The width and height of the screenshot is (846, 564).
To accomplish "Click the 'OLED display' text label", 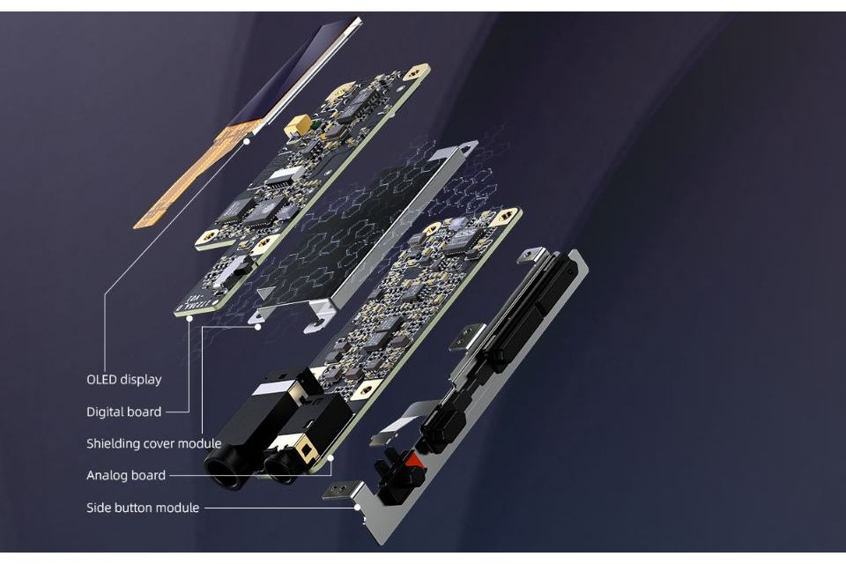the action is coord(124,380).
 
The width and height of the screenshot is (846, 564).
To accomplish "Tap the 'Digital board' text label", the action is coord(124,412).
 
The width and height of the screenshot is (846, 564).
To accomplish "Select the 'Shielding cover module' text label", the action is coord(153,443).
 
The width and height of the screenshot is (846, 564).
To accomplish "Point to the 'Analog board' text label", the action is coord(126,476).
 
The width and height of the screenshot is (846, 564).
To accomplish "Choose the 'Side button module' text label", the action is coord(143,508).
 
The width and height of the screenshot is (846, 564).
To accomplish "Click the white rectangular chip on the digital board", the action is coord(285,174).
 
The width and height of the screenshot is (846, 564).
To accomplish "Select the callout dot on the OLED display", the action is coord(247,141).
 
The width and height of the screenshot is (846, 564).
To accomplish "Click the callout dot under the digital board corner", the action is coord(190,319).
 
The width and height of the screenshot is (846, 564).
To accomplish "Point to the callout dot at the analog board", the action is coord(330,458).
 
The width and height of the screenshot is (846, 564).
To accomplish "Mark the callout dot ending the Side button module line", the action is coord(357,508).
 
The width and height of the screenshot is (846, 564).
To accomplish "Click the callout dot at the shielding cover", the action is coord(258,327).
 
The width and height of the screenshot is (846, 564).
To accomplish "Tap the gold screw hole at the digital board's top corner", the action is coord(416,72).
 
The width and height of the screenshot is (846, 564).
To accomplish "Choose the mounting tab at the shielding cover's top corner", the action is coord(467,147).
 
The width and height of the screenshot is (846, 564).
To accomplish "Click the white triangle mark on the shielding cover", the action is coord(263,293).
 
